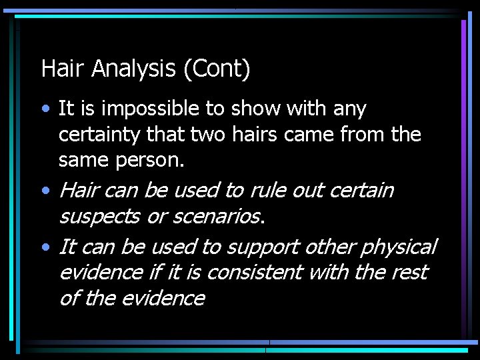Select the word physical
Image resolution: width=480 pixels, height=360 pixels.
(399, 247)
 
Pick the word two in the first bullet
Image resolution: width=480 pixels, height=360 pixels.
(207, 134)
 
